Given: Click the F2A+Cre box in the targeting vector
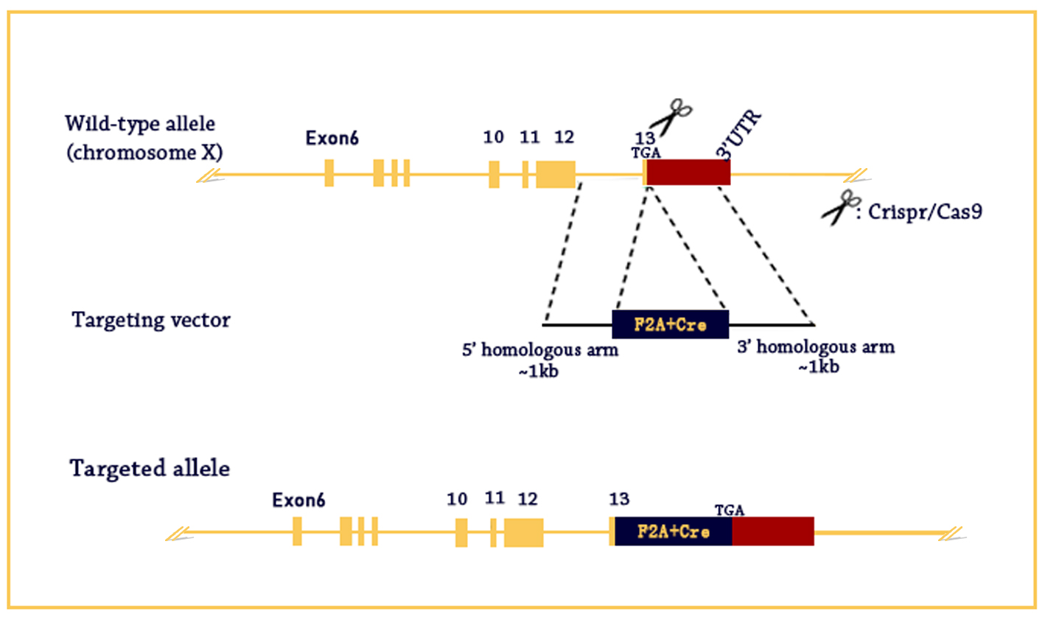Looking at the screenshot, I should coord(670,324).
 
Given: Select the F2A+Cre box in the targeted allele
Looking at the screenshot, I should coord(673,531).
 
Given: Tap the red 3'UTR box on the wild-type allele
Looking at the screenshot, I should coord(688,172).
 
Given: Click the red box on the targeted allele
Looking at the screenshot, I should coord(773,531).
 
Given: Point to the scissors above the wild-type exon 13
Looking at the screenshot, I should coord(669,116).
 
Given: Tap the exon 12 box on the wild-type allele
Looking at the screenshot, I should coord(555,172).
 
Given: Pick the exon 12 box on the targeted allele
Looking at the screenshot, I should coord(523,531).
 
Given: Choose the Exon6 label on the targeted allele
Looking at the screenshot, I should coord(298,501).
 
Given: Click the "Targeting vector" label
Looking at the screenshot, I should coord(150,321).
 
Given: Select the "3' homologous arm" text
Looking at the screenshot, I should coord(816,346).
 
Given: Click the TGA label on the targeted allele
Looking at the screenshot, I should coord(730,510).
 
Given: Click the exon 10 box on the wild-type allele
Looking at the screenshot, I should coord(494,173).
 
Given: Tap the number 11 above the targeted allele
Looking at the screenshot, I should coord(494,498).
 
